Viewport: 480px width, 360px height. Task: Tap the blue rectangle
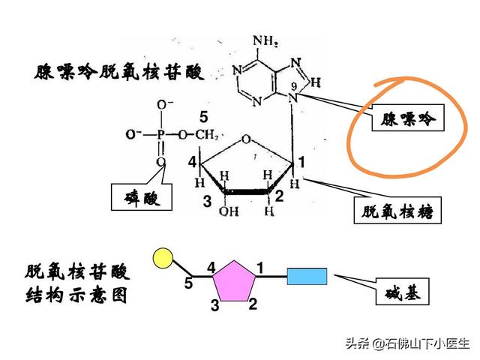click(x=307, y=277)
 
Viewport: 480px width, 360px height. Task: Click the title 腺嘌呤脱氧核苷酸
click(x=118, y=73)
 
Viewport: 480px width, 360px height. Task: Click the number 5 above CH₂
click(x=202, y=117)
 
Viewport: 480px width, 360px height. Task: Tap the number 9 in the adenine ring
click(x=294, y=86)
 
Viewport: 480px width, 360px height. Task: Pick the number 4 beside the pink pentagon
click(x=211, y=266)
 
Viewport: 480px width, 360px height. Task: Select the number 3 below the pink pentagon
click(x=214, y=304)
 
